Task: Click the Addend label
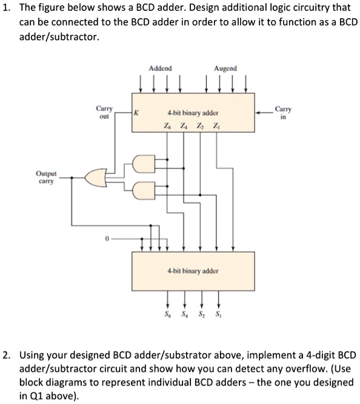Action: coord(160,69)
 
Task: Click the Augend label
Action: coord(225,69)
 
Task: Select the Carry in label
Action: coord(282,112)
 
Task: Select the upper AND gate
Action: coord(139,164)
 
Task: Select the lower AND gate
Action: coord(139,191)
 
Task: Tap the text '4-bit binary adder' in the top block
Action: coord(193,113)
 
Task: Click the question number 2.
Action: coord(8,354)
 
